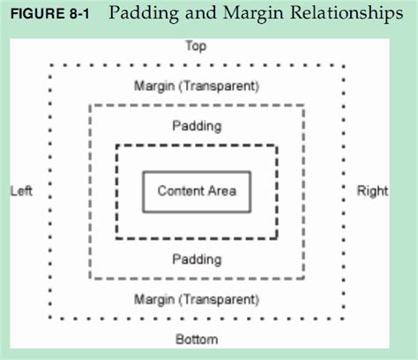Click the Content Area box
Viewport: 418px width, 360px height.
197,191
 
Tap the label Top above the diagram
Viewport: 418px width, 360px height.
196,46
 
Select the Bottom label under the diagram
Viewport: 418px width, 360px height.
197,339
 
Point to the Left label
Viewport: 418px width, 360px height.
21,191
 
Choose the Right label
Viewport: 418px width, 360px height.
372,191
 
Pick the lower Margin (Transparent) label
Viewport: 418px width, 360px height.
197,300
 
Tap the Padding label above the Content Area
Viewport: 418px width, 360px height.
197,125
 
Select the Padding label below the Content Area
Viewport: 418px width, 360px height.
197,259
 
